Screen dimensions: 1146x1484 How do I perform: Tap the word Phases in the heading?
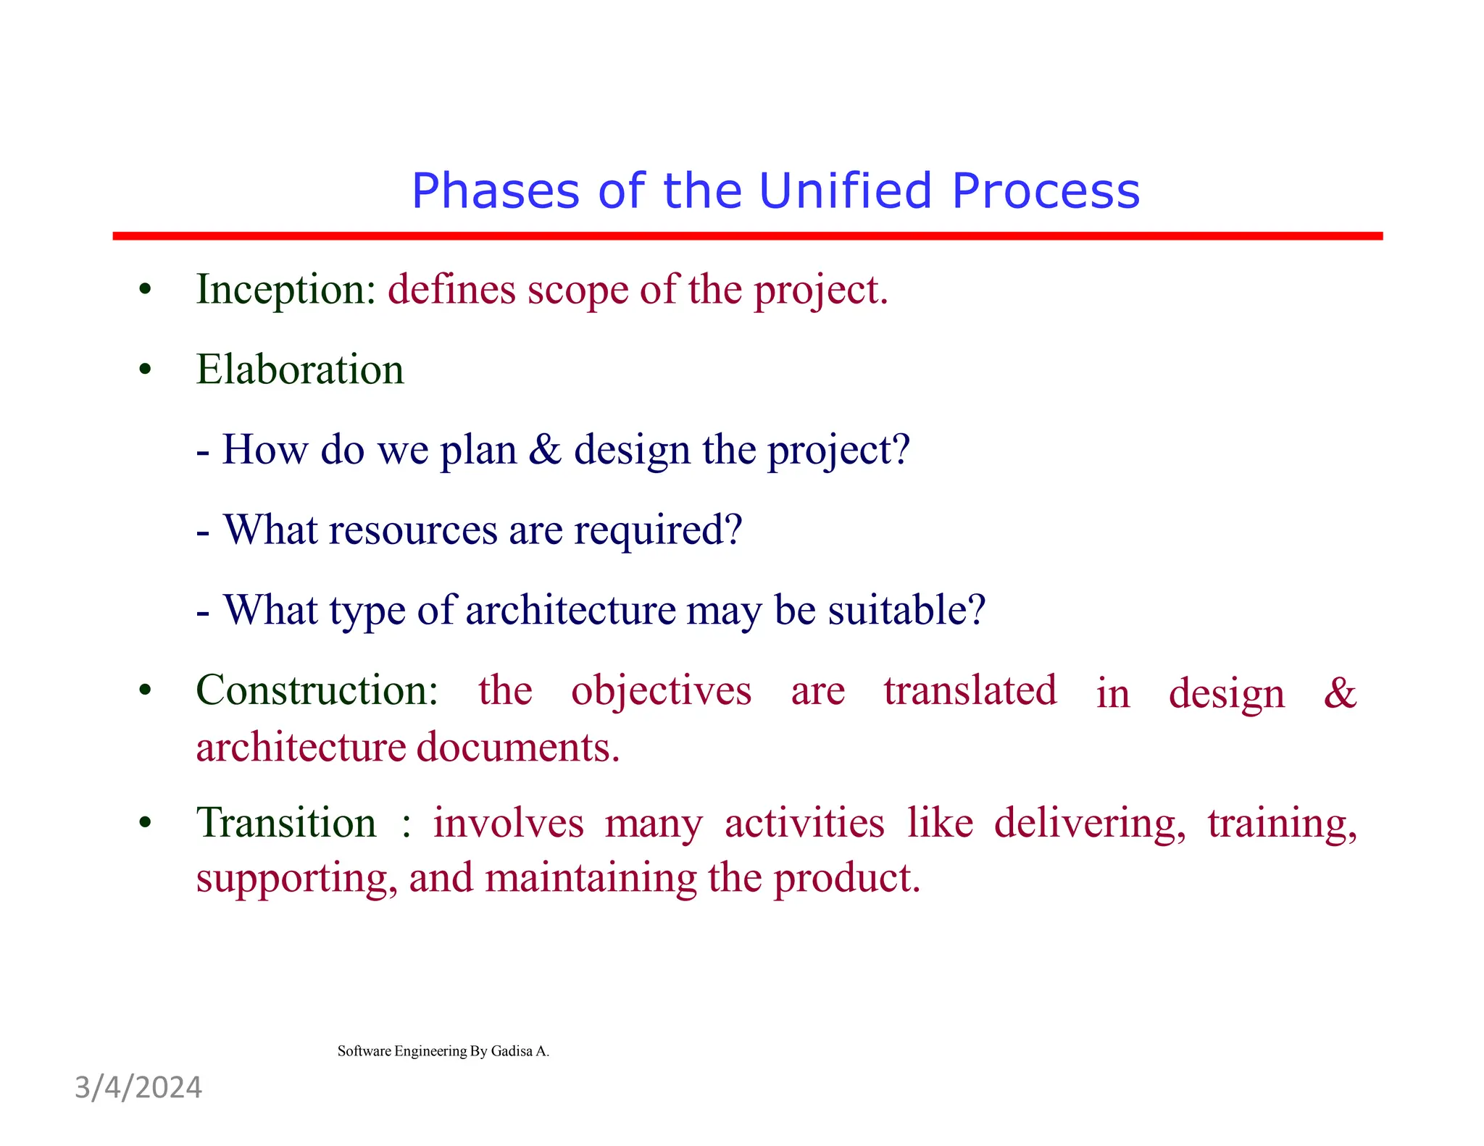click(x=496, y=191)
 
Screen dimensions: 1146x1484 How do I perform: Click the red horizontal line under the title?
click(x=746, y=236)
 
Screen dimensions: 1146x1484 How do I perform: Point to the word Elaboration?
click(x=299, y=369)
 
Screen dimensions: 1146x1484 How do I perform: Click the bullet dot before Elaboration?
click(x=146, y=370)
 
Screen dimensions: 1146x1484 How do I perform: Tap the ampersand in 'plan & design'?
click(x=545, y=449)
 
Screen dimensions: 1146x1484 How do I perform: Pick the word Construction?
click(x=317, y=690)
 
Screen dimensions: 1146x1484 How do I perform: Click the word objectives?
click(x=661, y=691)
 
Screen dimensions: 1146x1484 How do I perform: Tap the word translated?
click(x=970, y=690)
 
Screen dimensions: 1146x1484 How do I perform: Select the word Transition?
click(x=286, y=823)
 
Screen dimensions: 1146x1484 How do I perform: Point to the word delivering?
click(x=1089, y=824)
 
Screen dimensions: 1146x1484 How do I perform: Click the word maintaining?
click(x=591, y=878)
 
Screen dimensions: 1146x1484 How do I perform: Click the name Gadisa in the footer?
click(x=512, y=1051)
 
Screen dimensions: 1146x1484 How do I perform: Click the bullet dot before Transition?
click(x=146, y=824)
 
